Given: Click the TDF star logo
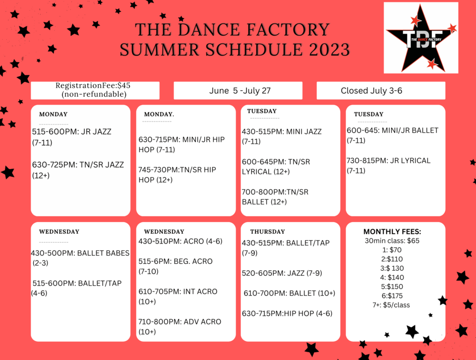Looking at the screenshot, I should (x=421, y=38).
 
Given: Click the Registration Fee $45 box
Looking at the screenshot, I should (x=95, y=90).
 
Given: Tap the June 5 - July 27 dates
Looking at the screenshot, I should (x=238, y=91).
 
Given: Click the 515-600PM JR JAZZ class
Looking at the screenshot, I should (x=72, y=137).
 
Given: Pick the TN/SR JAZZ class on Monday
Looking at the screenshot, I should (x=78, y=170).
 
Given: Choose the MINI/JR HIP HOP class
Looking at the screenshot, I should (x=181, y=144).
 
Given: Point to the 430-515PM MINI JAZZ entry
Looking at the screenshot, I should (x=282, y=136).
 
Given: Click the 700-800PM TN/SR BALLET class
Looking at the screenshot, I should (x=275, y=196).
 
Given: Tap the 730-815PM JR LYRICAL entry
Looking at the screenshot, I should (x=388, y=165).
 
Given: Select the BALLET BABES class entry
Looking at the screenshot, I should (x=80, y=258).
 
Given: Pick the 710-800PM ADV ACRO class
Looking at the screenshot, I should (x=179, y=326).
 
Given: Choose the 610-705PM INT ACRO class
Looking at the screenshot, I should (x=178, y=296).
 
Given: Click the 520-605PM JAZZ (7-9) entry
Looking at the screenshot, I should (x=282, y=273).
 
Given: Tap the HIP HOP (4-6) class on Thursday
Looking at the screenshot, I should (x=287, y=313).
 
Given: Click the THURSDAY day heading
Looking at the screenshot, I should (x=267, y=232).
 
